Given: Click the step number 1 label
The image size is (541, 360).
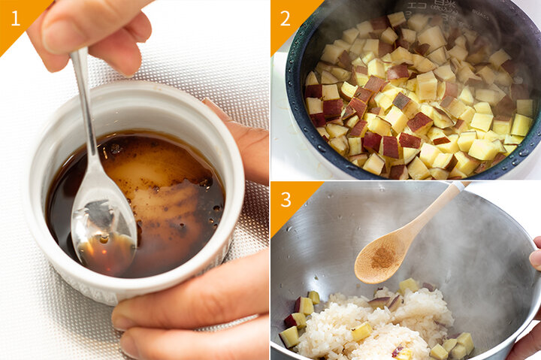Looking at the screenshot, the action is coord(16,18).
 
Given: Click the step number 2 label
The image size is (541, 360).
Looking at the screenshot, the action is coord(285,18).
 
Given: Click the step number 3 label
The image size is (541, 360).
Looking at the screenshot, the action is coord(286,199).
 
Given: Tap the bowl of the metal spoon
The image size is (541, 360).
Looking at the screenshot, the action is coord(103,230).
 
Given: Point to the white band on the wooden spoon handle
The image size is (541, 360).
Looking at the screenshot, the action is coord(458,186).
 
